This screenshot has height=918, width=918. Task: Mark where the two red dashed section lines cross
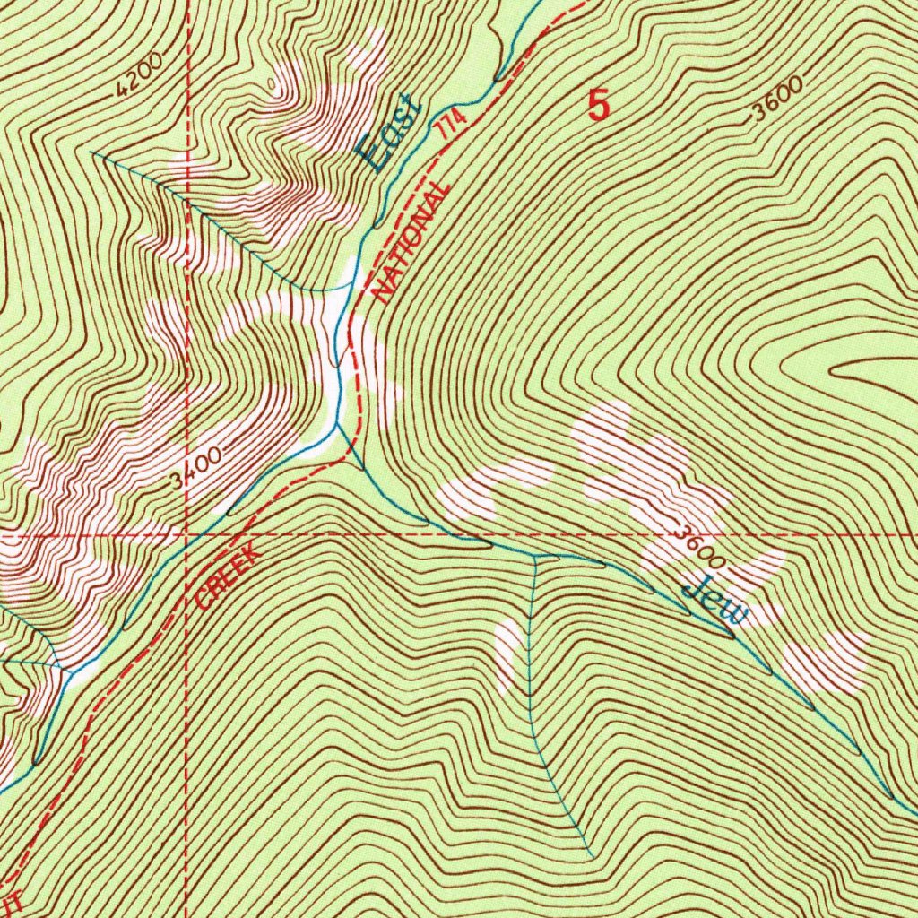(186, 534)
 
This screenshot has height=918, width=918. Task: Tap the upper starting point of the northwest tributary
(92, 152)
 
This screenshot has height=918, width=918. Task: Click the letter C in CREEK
(203, 598)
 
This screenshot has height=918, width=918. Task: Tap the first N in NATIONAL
(381, 292)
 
